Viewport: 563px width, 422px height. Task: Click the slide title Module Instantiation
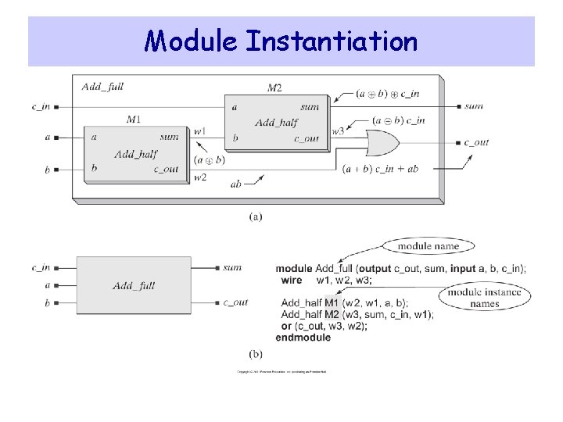[281, 40]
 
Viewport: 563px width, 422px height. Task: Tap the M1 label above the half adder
[134, 119]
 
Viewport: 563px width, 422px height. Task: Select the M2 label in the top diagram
[274, 88]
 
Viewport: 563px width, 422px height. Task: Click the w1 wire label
[199, 131]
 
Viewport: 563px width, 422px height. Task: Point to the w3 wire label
[338, 131]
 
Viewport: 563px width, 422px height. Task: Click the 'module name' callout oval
[424, 246]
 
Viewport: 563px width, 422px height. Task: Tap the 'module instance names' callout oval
[485, 298]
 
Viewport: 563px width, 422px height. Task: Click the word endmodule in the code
[303, 337]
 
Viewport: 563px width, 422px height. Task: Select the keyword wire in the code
[291, 280]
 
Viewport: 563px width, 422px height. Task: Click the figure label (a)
[256, 216]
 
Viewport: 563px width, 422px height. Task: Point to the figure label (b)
[256, 354]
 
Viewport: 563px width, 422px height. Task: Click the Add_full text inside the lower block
[134, 285]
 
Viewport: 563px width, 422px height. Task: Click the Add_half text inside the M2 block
[276, 123]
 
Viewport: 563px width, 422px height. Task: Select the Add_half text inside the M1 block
[135, 153]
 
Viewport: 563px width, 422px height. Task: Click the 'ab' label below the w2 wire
[236, 184]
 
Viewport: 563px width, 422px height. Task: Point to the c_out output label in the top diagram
[476, 142]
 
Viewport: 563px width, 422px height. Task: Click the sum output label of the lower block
[232, 267]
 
